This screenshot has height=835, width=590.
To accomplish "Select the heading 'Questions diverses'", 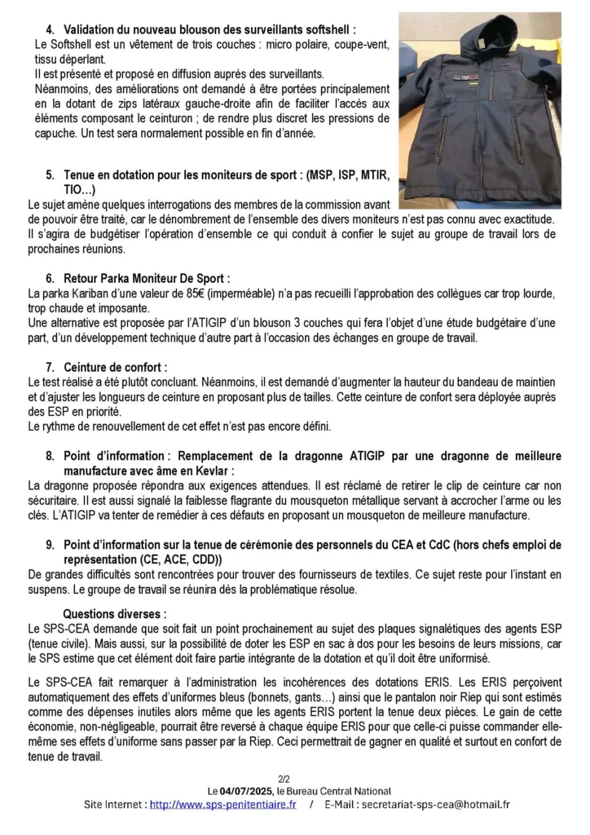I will click(114, 613).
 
